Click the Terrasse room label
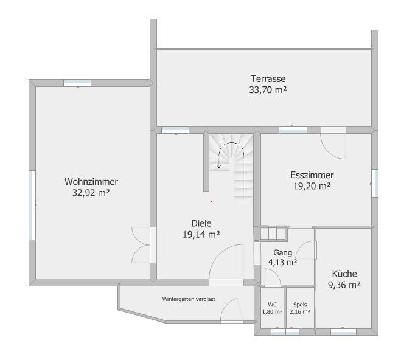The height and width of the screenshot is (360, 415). coord(268,79)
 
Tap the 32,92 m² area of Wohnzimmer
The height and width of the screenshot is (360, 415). coord(91,193)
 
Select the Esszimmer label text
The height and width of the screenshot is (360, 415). coord(312,175)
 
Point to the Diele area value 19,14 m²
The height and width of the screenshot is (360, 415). coord(201,234)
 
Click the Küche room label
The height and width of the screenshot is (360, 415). coord(344,274)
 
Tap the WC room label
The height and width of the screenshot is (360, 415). coord(272,305)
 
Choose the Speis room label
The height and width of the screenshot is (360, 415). coord(300,305)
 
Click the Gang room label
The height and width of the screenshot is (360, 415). coord(283,252)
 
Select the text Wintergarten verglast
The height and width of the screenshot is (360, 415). coord(189,299)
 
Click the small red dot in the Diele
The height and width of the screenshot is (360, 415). coord(211,202)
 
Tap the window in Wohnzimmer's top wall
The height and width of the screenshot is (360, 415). coord(77,83)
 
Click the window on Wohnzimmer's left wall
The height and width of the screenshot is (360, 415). coord(32,205)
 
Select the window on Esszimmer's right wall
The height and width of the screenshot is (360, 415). coord(375,183)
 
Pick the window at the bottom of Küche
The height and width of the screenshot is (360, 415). coord(343,332)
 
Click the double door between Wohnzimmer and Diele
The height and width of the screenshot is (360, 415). coord(141,245)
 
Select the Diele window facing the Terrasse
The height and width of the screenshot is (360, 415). coord(175,130)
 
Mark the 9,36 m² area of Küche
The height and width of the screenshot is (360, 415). coord(344,285)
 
